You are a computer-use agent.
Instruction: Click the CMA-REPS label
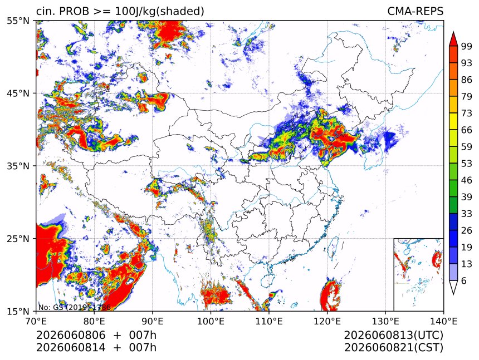[x=415, y=11]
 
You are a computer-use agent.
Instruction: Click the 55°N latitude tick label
[x=18, y=21]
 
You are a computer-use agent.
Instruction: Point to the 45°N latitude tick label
[x=18, y=93]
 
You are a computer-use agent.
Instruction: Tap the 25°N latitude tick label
[x=18, y=239]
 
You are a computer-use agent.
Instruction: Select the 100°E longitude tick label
[x=211, y=321]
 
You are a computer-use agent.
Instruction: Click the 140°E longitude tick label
[x=443, y=321]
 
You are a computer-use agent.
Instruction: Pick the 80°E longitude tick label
[x=94, y=321]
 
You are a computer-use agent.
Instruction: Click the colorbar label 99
[x=467, y=46]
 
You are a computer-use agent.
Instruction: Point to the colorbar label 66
[x=467, y=130]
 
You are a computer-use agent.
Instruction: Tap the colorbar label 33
[x=467, y=214]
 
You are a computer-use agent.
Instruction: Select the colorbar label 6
[x=464, y=280]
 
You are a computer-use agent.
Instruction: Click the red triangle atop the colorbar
[x=453, y=39]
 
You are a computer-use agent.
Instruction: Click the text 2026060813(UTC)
[x=393, y=335]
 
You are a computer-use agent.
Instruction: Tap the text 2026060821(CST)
[x=393, y=348]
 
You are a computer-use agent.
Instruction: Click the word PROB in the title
[x=74, y=11]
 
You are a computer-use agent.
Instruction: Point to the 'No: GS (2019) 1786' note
[x=75, y=307]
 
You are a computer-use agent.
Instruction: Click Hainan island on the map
[x=266, y=279]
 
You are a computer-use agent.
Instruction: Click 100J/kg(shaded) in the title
[x=159, y=11]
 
